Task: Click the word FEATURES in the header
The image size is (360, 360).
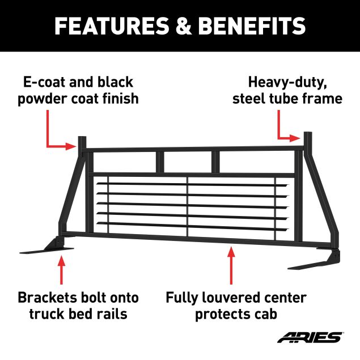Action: click(x=112, y=26)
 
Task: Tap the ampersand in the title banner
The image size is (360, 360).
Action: click(x=184, y=26)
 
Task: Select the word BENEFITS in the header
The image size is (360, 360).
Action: click(x=252, y=26)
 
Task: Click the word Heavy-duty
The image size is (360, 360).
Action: click(x=287, y=83)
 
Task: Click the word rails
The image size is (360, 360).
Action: click(x=114, y=314)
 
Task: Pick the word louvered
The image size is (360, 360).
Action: click(x=231, y=298)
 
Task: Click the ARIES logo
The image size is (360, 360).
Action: click(x=310, y=337)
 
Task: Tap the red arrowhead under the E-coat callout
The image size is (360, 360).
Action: click(x=71, y=146)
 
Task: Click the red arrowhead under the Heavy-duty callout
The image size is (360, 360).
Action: click(x=295, y=138)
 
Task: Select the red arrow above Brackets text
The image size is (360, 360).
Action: click(x=61, y=270)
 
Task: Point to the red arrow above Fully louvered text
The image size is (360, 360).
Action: click(x=231, y=265)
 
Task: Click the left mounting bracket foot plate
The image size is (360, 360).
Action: click(x=46, y=250)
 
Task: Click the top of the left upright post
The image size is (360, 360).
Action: click(x=82, y=137)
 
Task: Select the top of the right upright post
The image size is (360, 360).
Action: click(x=308, y=133)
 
